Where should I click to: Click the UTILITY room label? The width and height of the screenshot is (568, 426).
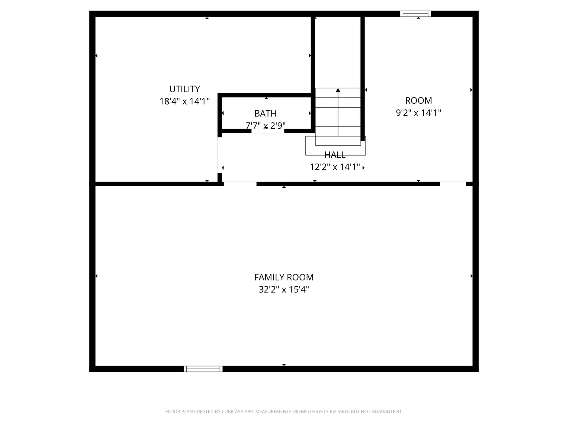point(185,89)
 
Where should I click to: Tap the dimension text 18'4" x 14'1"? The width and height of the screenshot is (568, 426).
point(185,101)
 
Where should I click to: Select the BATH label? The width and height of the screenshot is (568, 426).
point(265,113)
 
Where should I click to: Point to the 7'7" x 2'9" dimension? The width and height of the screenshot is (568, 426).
point(265,125)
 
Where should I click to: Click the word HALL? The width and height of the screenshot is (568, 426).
point(335,155)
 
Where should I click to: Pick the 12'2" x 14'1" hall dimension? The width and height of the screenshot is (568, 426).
point(335,167)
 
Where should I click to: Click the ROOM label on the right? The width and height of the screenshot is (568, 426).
point(419,100)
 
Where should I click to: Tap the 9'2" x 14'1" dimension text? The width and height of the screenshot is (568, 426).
point(419,112)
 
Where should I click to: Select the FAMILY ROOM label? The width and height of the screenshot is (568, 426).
point(284,277)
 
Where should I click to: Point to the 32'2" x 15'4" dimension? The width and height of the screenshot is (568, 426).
point(284,289)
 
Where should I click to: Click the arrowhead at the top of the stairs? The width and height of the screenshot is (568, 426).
point(338,90)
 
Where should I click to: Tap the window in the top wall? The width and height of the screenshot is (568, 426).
point(416,14)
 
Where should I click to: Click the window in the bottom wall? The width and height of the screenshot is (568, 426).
point(203,369)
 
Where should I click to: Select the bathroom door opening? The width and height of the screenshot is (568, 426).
point(268,131)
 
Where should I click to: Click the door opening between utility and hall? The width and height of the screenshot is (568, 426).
point(220,155)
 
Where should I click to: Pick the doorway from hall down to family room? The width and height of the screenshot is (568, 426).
point(240,184)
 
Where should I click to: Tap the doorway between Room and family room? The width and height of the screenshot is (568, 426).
point(453,184)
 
